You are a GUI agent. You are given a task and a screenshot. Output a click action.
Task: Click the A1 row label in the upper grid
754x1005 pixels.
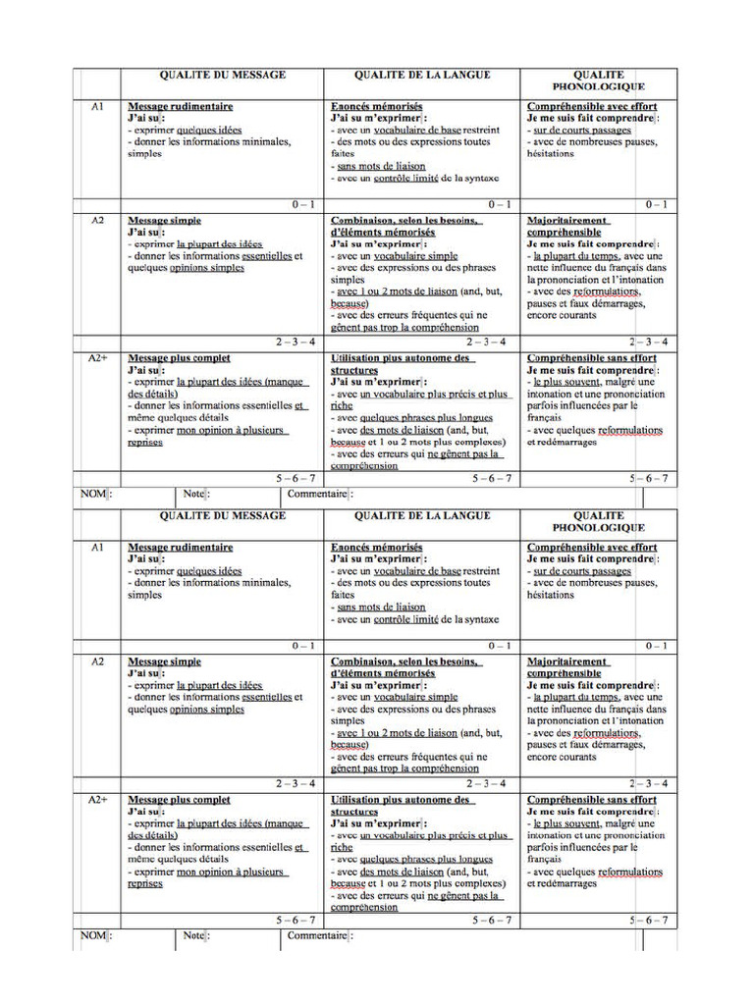[97, 106]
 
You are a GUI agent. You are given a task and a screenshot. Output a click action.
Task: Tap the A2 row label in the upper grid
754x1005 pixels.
[97, 221]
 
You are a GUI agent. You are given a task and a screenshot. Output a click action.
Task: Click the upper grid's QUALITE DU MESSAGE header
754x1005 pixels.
[223, 75]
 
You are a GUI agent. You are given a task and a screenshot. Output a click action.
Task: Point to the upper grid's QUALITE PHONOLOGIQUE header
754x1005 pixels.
[599, 80]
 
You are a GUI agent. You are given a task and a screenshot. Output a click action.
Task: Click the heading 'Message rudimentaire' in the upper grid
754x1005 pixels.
[181, 106]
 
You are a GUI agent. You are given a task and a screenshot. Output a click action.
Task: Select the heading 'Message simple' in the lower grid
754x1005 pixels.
[165, 662]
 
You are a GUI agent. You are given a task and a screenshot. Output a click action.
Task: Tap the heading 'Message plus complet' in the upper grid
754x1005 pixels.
[180, 359]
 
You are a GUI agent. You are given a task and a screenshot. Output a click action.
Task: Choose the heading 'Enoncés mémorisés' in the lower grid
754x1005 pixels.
[377, 547]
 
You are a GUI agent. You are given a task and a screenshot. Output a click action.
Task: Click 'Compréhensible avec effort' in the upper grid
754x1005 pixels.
[592, 106]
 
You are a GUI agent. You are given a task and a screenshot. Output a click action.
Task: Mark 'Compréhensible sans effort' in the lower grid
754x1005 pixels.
[592, 801]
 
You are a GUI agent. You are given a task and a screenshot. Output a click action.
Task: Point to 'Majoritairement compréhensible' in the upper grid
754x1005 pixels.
[567, 227]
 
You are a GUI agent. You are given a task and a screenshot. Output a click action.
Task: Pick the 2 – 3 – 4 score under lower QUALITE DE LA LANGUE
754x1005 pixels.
[487, 783]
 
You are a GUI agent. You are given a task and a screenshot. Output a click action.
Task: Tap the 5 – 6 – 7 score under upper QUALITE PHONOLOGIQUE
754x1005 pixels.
[649, 478]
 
